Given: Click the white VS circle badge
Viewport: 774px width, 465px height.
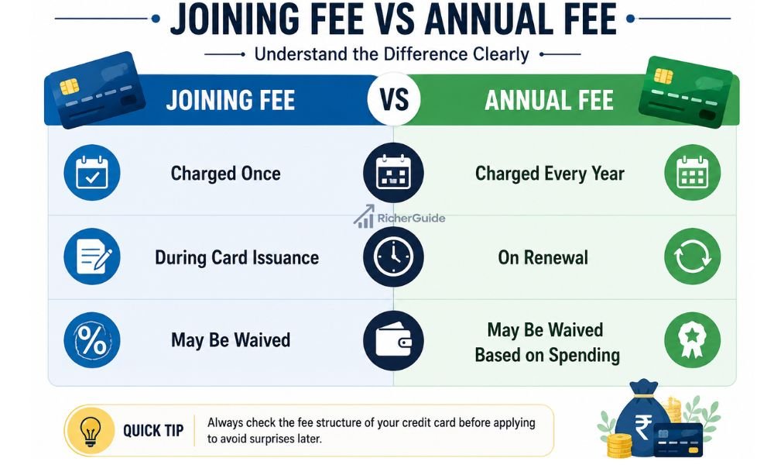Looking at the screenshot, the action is click(394, 99).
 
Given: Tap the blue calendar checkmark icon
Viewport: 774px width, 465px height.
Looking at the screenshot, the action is click(92, 173).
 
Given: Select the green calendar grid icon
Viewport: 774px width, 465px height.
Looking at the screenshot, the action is click(692, 173).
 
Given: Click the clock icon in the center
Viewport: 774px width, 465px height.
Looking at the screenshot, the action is click(393, 257).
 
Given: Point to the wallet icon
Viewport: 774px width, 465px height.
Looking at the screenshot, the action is click(393, 341).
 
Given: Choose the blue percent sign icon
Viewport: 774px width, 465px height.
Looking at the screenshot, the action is click(92, 340).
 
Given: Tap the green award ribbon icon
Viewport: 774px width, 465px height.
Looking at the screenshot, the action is click(692, 340).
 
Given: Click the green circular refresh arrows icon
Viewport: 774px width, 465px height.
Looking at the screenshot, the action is click(692, 257).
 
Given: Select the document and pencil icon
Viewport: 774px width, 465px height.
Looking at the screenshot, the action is click(92, 257).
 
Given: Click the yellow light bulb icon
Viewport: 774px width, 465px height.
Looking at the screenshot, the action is click(91, 430).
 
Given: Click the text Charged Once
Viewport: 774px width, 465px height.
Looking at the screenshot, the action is click(225, 174).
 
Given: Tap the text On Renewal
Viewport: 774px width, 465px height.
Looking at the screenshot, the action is click(543, 257).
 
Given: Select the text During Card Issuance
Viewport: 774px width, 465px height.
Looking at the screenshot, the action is click(237, 257).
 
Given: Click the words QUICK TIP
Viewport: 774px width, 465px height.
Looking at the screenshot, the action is click(153, 430).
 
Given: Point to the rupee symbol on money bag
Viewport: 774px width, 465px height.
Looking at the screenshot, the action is click(643, 426).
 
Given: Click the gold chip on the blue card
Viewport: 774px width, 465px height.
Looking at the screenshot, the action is click(69, 87).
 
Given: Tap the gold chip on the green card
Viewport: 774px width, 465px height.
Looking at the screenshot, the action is click(663, 76).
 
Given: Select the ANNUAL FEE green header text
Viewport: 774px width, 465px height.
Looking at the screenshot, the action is click(549, 100).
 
